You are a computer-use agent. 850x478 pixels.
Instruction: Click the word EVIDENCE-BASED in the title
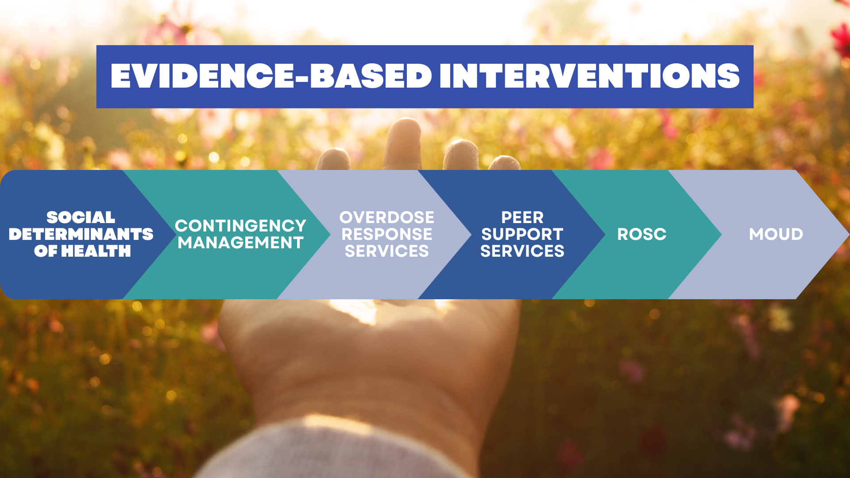pyautogui.click(x=271, y=76)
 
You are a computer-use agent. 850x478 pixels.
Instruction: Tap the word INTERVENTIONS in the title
pyautogui.click(x=590, y=76)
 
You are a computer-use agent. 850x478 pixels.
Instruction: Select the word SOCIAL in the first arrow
pyautogui.click(x=81, y=217)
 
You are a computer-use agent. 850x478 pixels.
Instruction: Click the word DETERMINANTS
pyautogui.click(x=81, y=234)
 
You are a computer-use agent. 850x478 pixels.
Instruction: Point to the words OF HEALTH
pyautogui.click(x=82, y=251)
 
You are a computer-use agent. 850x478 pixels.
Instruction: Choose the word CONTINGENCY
pyautogui.click(x=240, y=226)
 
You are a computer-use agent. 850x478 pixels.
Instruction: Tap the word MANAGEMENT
pyautogui.click(x=240, y=243)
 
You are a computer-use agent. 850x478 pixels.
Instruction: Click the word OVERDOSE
pyautogui.click(x=387, y=217)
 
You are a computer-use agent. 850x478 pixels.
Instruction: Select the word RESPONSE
pyautogui.click(x=387, y=234)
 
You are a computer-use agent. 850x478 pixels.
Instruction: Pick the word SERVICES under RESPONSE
pyautogui.click(x=387, y=251)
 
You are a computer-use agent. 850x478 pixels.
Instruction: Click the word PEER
pyautogui.click(x=522, y=217)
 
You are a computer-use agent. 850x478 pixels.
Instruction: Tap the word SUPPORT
pyautogui.click(x=522, y=234)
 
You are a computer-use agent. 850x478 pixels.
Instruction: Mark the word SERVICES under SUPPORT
pyautogui.click(x=522, y=251)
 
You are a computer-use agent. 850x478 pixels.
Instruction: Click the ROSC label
pyautogui.click(x=642, y=234)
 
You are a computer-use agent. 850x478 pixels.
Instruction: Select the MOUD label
pyautogui.click(x=776, y=234)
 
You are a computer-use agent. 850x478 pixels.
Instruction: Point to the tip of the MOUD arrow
pyautogui.click(x=849, y=235)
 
